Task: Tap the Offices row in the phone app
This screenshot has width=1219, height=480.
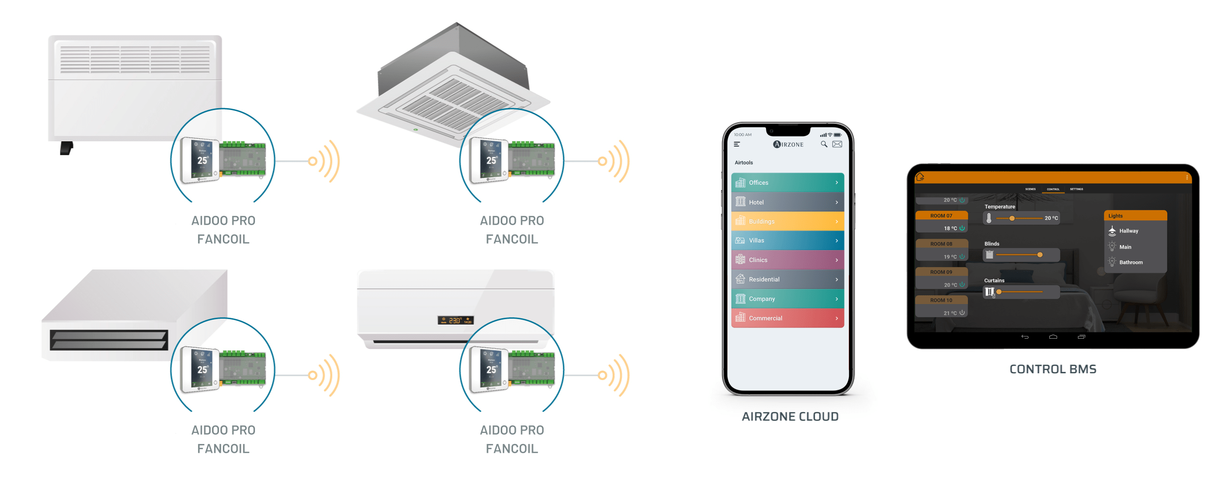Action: [787, 183]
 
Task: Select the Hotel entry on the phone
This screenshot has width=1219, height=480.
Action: [787, 202]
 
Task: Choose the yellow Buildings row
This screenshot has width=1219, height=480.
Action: [787, 221]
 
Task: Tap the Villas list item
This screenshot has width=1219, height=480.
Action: [787, 241]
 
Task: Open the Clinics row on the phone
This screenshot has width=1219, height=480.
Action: [787, 260]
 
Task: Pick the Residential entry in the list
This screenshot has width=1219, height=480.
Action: [787, 280]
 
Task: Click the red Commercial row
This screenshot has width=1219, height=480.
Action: [787, 318]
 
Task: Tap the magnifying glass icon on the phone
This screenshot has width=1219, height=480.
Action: [824, 144]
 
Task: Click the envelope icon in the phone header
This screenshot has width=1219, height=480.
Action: [837, 144]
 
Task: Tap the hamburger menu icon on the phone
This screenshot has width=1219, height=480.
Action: [737, 144]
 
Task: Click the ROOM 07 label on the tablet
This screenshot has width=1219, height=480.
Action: [941, 216]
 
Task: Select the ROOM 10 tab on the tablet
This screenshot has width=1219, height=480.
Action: [941, 300]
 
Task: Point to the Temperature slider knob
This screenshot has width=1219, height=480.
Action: [1012, 218]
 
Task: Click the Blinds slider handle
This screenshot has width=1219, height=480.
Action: [1040, 255]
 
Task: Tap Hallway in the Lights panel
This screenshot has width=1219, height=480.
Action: [1128, 231]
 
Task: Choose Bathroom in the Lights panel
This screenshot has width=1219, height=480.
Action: [1130, 263]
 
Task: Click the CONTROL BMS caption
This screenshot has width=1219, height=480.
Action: [1053, 369]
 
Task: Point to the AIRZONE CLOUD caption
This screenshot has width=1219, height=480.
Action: [790, 417]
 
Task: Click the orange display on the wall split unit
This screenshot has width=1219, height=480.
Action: [455, 320]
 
